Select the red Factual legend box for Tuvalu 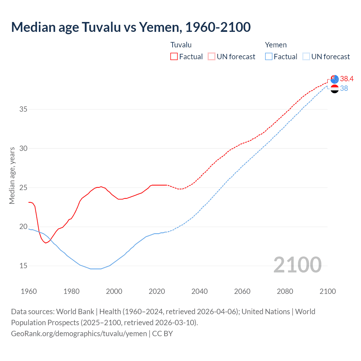coord(174,57)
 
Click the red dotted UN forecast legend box coord(212,57)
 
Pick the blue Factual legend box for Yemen coord(269,57)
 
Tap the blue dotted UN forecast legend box coord(306,57)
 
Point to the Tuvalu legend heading coord(181,45)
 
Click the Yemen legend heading coord(276,45)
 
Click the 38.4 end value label coord(347,79)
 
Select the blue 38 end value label coord(344,88)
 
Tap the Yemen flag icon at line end coord(334,89)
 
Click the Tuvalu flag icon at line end coord(334,79)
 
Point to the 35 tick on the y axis coord(23,109)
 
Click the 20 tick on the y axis coord(23,227)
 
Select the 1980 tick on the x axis coord(71,291)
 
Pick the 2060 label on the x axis coord(242,291)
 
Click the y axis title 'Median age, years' coord(12,175)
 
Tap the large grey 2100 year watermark coord(297,265)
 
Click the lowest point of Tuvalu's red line coord(46,243)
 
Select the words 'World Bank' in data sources coord(75,312)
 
